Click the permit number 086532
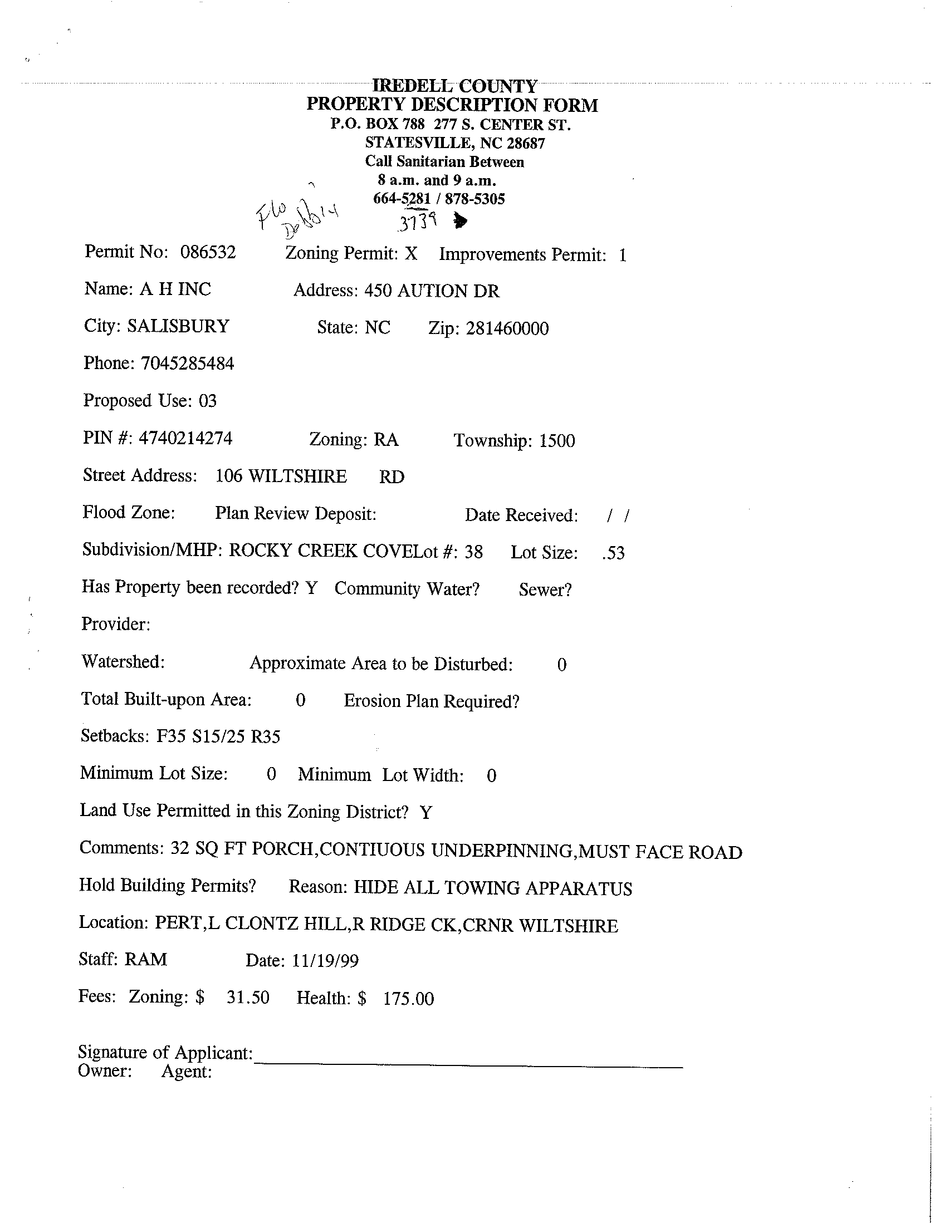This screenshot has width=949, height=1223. (208, 252)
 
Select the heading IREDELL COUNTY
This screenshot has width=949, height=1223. (454, 86)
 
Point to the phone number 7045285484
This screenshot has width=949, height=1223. (187, 364)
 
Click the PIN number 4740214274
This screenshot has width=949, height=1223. (185, 438)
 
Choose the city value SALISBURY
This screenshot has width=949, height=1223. (178, 326)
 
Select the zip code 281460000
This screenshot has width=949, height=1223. (507, 328)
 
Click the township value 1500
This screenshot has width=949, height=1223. (557, 441)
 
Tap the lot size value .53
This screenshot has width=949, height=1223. (613, 553)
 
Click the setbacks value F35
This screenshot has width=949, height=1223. (171, 736)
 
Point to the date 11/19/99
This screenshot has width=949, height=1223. (325, 961)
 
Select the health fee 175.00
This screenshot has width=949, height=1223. (408, 999)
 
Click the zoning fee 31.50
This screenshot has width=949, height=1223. (248, 998)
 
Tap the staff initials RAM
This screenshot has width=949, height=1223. (146, 960)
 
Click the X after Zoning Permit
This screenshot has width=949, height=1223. (411, 254)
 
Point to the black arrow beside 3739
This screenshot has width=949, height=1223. (461, 222)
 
